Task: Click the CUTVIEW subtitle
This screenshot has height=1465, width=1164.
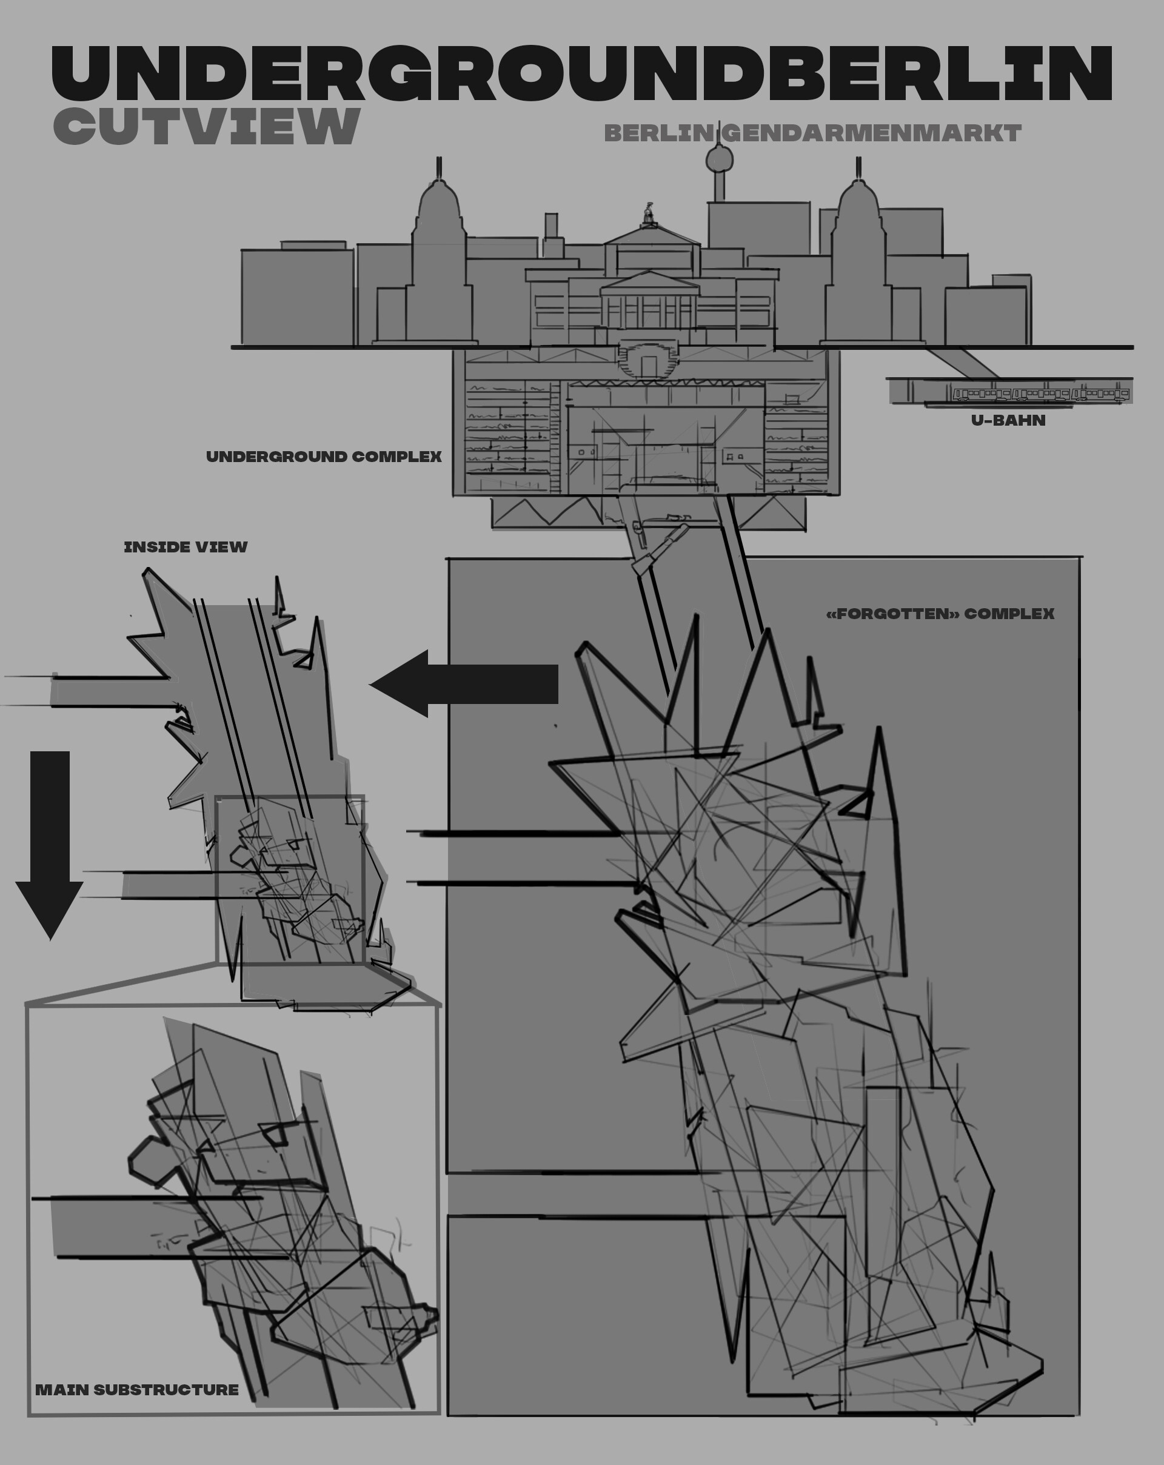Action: tap(206, 126)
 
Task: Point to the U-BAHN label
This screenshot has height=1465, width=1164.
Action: tap(1008, 421)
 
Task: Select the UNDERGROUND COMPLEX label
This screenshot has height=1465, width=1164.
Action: tap(324, 457)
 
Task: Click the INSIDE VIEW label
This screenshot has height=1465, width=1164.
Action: tap(186, 547)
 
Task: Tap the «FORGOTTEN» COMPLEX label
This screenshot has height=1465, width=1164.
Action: tap(940, 614)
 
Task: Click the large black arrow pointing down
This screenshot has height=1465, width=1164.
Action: tap(50, 843)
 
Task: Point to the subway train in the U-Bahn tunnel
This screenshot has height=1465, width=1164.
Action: tap(1040, 394)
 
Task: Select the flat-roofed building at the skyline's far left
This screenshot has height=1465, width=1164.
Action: tap(297, 297)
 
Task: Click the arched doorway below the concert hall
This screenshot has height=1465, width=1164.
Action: tap(648, 366)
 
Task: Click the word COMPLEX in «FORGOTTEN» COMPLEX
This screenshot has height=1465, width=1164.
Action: tap(1009, 614)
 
